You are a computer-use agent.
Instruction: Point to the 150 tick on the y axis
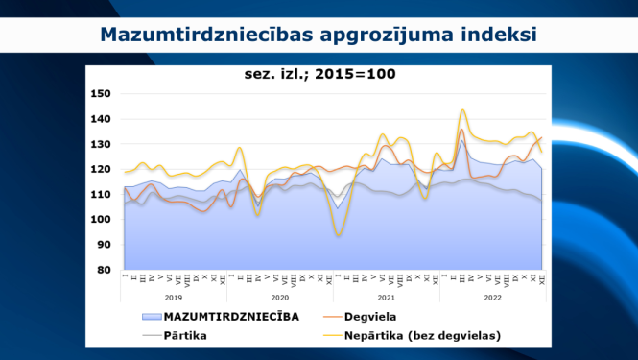101,94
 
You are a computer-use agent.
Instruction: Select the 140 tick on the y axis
101,119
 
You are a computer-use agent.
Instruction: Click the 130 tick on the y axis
101,144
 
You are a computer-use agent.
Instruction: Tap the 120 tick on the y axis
101,169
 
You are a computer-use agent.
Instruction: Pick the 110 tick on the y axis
101,194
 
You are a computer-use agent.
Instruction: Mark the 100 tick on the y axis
101,219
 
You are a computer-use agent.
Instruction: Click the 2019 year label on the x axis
174,299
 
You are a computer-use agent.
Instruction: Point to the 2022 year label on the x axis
491,299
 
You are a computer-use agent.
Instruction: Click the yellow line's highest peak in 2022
463,109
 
